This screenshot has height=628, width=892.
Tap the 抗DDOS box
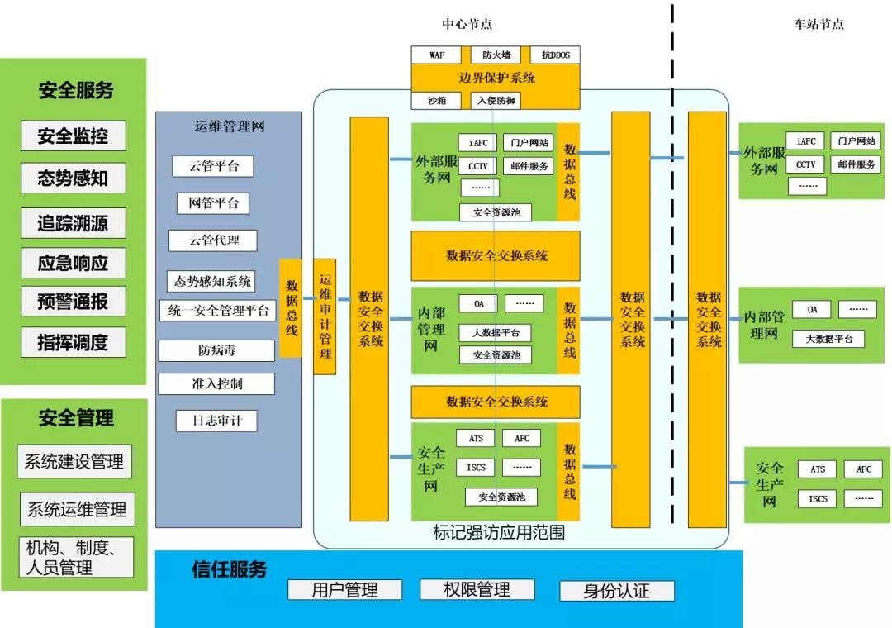(555, 55)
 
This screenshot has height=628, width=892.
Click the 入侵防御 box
(496, 100)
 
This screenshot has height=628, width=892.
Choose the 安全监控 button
(74, 136)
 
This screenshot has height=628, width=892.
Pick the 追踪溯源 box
(74, 222)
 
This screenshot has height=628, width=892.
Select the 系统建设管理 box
(74, 461)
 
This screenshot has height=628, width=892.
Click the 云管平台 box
(213, 166)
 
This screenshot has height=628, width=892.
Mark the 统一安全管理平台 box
(217, 311)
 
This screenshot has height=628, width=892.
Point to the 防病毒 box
(216, 350)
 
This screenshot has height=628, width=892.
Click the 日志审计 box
(216, 420)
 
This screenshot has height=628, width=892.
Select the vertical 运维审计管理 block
(325, 316)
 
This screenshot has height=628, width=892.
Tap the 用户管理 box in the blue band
(344, 589)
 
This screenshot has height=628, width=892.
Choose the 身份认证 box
(616, 591)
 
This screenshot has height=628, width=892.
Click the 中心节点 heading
(467, 24)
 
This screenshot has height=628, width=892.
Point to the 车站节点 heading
(818, 24)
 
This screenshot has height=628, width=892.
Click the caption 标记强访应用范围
(499, 533)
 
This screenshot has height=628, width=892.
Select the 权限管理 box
(477, 589)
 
